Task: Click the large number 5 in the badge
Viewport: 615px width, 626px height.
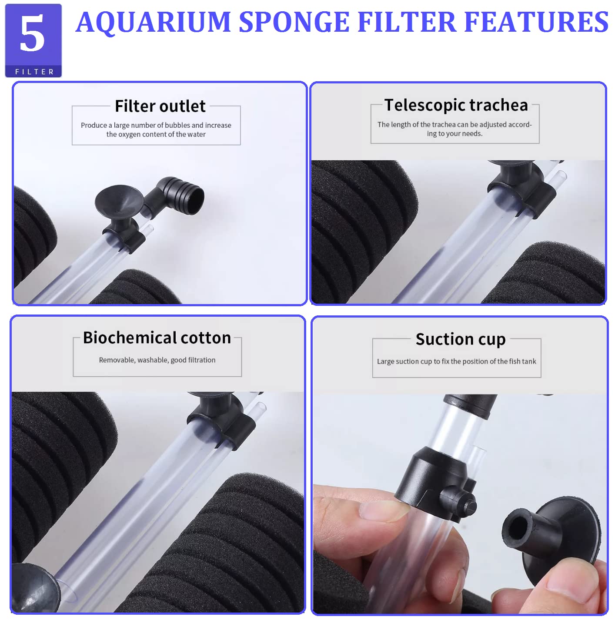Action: tap(32, 33)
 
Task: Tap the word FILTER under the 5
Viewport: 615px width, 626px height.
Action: tap(34, 72)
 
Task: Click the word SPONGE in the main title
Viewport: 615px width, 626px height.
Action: tap(294, 22)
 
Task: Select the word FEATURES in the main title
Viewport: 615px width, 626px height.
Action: tap(536, 22)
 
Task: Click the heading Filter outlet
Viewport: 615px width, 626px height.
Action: tap(160, 106)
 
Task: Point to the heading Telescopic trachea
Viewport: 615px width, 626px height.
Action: tap(456, 105)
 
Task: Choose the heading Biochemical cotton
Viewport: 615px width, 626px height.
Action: tap(157, 338)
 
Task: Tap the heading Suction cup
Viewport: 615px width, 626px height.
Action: tap(460, 339)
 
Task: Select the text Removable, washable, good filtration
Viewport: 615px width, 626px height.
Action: tap(157, 360)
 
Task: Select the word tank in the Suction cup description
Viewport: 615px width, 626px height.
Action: tap(529, 361)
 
